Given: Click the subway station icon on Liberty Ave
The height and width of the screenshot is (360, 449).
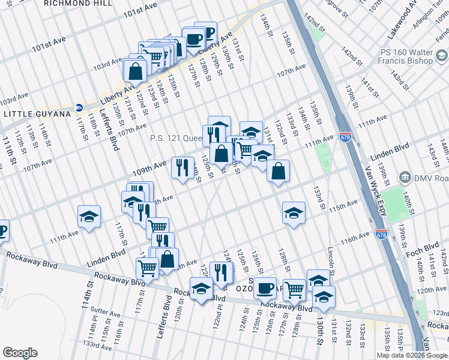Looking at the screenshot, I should (79, 109).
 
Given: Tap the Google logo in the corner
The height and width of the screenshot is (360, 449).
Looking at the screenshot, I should (20, 353).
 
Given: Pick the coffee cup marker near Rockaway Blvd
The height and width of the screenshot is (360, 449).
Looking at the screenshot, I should (265, 288).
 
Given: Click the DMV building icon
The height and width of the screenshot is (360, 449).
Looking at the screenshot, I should (405, 178).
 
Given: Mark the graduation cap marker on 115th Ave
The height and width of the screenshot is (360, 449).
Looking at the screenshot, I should (294, 212).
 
